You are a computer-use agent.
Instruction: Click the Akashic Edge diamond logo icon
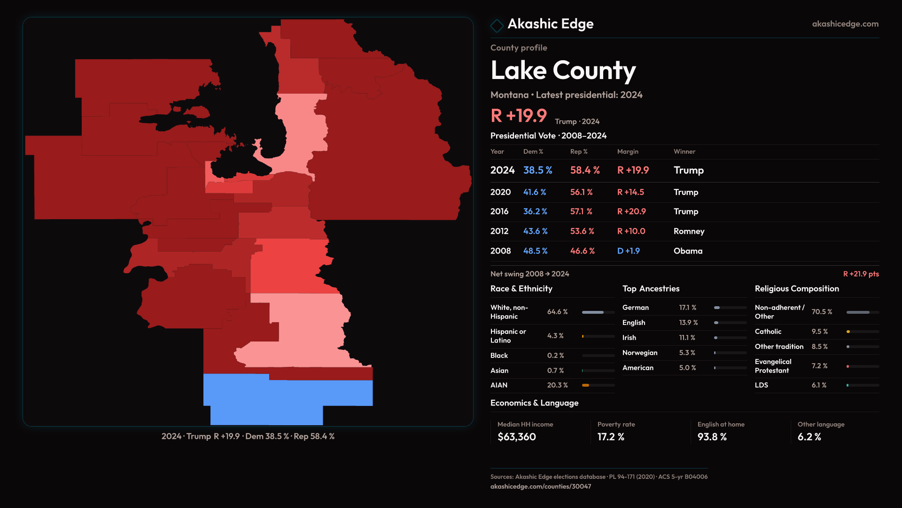497,25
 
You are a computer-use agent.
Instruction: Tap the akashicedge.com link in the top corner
845,24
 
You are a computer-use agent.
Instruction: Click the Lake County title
563,71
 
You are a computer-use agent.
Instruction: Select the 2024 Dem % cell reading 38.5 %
537,170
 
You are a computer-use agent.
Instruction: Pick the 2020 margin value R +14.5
630,192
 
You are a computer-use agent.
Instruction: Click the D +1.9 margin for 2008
628,251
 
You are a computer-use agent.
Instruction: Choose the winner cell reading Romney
689,231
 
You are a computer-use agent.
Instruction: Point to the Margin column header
628,151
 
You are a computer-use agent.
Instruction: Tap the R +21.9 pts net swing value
861,274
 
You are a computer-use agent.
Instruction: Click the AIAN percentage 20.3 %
557,385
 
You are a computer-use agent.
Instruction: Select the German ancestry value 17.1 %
687,308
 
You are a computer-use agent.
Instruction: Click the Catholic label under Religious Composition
768,332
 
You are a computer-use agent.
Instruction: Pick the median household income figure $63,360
516,437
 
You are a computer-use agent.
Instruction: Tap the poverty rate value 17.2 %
611,437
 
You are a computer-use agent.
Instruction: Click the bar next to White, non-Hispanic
598,312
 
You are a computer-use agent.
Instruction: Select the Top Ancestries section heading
651,289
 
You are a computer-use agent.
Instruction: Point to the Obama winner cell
688,251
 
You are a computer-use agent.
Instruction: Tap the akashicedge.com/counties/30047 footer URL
541,487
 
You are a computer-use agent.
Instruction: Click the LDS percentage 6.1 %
819,385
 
